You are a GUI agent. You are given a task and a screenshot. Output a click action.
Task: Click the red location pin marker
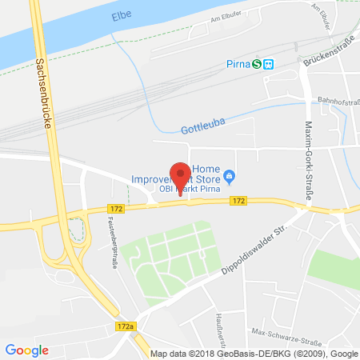click(x=182, y=175)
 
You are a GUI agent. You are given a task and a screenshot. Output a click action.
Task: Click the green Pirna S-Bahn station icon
click(x=257, y=65)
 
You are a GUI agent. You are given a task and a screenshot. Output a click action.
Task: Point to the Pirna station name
click(x=235, y=65)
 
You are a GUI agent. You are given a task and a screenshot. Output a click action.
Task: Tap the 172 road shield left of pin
click(x=116, y=208)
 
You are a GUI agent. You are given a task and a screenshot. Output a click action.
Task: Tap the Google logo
click(x=26, y=350)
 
